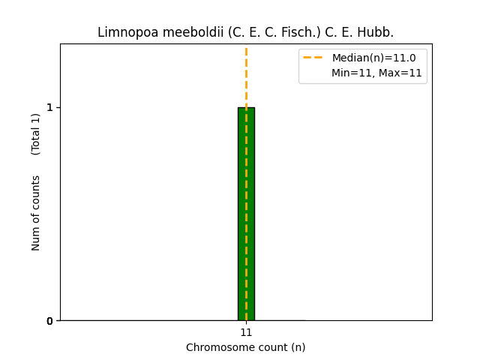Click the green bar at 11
pos(246,214)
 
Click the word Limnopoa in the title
pos(128,32)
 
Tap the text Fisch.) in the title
pos(301,32)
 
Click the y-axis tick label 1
pos(49,107)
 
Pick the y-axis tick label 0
pos(49,321)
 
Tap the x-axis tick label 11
pos(246,332)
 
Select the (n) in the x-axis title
pos(298,348)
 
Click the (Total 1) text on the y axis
pos(35,134)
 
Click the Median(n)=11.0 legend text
pos(374,58)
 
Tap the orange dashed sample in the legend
pos(313,58)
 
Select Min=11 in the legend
pos(353,73)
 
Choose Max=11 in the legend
pos(400,73)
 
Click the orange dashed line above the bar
pos(246,76)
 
